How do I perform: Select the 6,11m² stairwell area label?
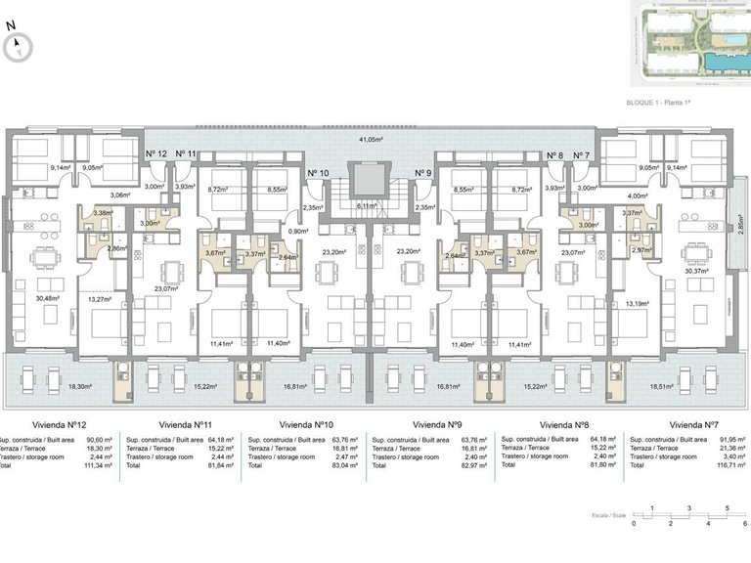pyautogui.click(x=367, y=206)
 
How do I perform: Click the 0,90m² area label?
pyautogui.click(x=297, y=232)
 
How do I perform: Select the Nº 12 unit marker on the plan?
pyautogui.click(x=155, y=154)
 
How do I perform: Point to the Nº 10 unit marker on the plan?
pyautogui.click(x=318, y=173)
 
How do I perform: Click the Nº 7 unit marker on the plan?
pyautogui.click(x=582, y=154)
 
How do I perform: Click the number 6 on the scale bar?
pyautogui.click(x=744, y=524)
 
